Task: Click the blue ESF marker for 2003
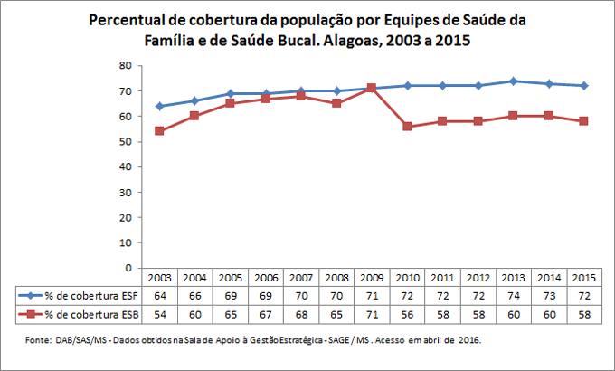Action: coord(159,106)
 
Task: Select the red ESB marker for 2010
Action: coord(407,127)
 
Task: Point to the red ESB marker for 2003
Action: coord(159,131)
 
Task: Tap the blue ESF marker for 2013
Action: coord(513,81)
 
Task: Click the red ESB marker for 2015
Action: coord(584,121)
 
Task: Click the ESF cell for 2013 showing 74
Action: coord(513,295)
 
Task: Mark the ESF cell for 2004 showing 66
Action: coord(194,295)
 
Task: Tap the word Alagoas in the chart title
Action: coord(355,40)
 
